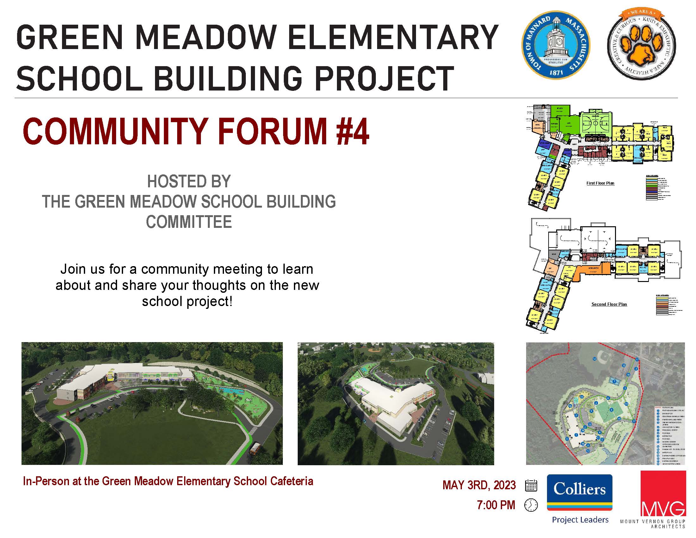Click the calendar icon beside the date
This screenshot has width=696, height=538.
click(531, 485)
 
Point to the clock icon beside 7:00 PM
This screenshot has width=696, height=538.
click(531, 505)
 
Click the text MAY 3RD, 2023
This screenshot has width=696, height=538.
click(479, 485)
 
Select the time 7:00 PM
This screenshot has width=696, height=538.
click(496, 505)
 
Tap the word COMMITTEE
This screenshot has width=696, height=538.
click(189, 222)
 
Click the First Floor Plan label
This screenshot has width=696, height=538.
click(600, 183)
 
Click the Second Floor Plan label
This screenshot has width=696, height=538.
click(609, 304)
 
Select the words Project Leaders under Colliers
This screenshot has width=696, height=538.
click(580, 520)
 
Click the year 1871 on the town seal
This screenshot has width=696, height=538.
click(556, 72)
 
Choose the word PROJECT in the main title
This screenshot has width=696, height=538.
click(384, 78)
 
